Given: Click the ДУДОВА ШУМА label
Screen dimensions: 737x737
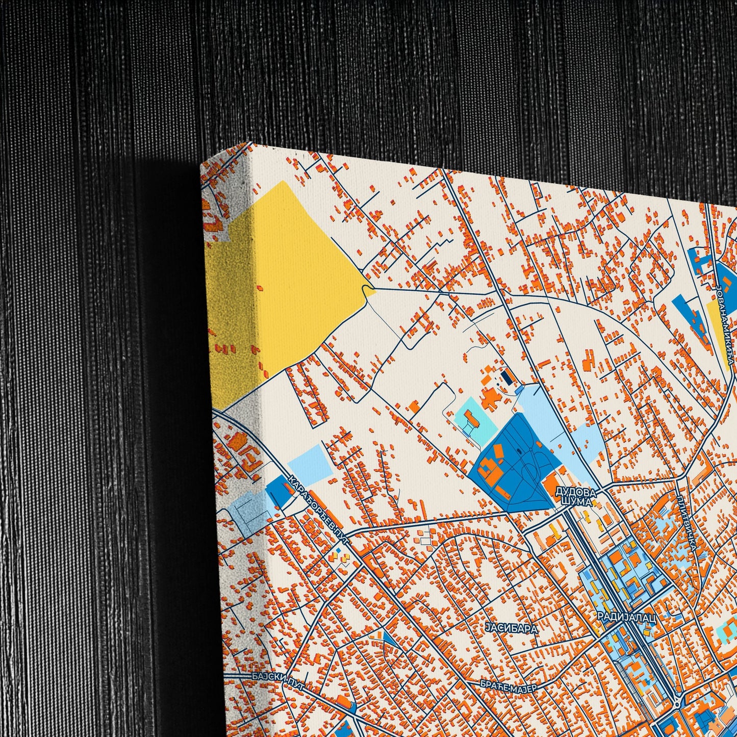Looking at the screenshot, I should (x=576, y=496).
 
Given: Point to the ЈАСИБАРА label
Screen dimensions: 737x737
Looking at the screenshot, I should (x=512, y=628).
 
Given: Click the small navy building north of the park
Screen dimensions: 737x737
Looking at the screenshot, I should (x=507, y=377).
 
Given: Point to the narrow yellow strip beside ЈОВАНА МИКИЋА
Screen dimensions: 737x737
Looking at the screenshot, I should (x=719, y=334).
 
